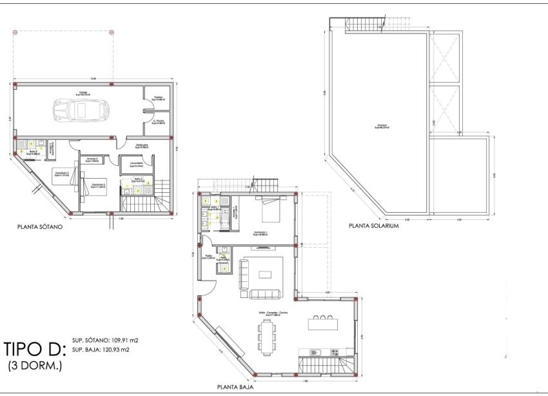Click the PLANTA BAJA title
(235, 388)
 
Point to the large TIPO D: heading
(35, 350)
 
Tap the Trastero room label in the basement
(157, 99)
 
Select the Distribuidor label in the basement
(142, 146)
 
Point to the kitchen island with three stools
(322, 322)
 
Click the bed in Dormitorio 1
(271, 209)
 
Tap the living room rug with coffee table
(265, 274)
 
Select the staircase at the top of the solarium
(366, 25)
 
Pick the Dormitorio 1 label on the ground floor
(260, 233)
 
